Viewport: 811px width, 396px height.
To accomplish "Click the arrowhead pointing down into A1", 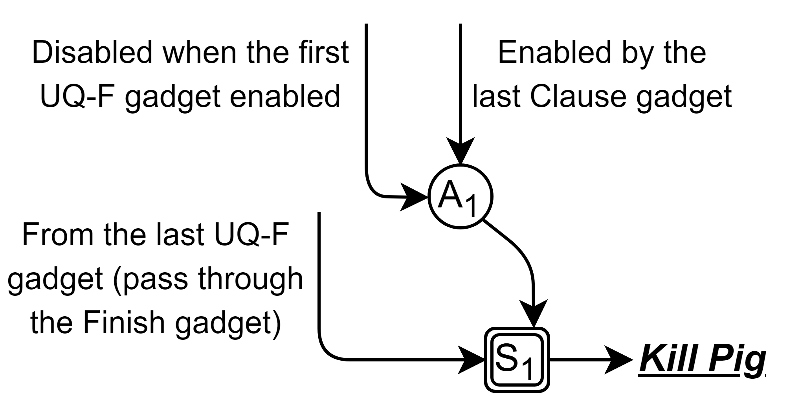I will tap(461, 151).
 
